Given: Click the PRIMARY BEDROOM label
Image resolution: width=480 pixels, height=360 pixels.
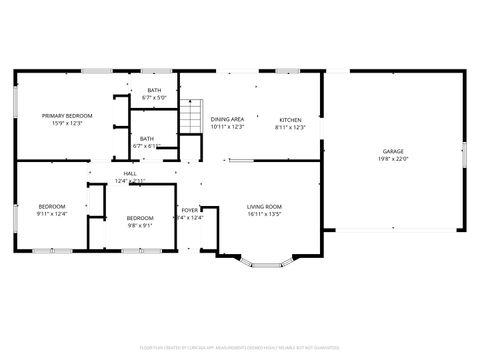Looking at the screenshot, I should coord(61,116).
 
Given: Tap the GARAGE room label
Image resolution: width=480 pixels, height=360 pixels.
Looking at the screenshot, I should coord(393,151).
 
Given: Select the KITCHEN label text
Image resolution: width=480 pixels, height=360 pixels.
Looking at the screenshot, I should coord(290,119).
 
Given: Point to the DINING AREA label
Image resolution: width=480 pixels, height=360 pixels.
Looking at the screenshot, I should coord(227,119).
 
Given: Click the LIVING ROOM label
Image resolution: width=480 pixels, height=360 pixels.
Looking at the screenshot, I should coord(265,206).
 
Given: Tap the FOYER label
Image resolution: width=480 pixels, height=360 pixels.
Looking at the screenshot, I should coord(189,210).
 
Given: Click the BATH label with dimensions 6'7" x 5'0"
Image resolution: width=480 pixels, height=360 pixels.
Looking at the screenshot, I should coord(154,91).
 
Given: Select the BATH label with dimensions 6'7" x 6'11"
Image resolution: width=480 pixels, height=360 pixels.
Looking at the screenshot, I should coord(147,139).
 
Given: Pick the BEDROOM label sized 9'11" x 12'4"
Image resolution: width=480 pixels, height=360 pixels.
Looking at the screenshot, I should coord(51,206).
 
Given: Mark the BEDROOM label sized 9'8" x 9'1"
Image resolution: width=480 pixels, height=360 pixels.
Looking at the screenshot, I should coord(140,218).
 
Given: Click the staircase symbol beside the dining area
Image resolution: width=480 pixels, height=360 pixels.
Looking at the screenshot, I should coord(191,119).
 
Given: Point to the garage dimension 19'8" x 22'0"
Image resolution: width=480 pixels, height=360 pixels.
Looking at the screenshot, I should coord(393,159).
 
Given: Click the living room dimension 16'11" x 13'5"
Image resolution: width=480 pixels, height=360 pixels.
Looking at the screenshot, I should coord(265,214).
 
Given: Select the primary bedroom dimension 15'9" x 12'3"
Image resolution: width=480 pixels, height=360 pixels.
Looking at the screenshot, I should coord(61,124).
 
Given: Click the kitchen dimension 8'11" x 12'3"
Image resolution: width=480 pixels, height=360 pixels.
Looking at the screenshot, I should coord(290,127).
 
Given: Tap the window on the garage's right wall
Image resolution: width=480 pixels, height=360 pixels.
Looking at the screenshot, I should coord(464,155).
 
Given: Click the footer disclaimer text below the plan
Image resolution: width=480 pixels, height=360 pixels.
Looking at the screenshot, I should coord(240,349).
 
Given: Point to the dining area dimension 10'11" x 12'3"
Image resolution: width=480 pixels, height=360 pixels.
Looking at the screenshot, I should coord(227,127).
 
